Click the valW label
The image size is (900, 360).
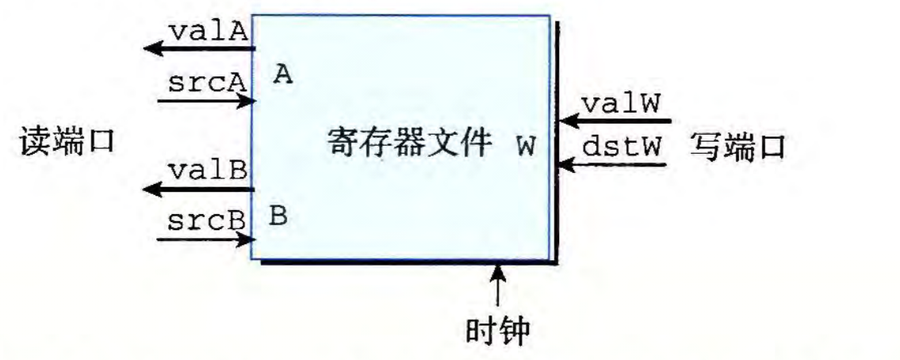(621, 105)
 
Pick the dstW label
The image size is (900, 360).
(621, 147)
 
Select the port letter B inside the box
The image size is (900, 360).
(278, 215)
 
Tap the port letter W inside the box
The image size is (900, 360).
(525, 147)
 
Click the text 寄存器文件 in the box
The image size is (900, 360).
(409, 145)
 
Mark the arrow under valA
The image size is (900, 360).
(198, 49)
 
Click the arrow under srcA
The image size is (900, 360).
(206, 101)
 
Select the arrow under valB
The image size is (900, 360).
(198, 189)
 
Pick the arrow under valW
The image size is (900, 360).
(615, 121)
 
